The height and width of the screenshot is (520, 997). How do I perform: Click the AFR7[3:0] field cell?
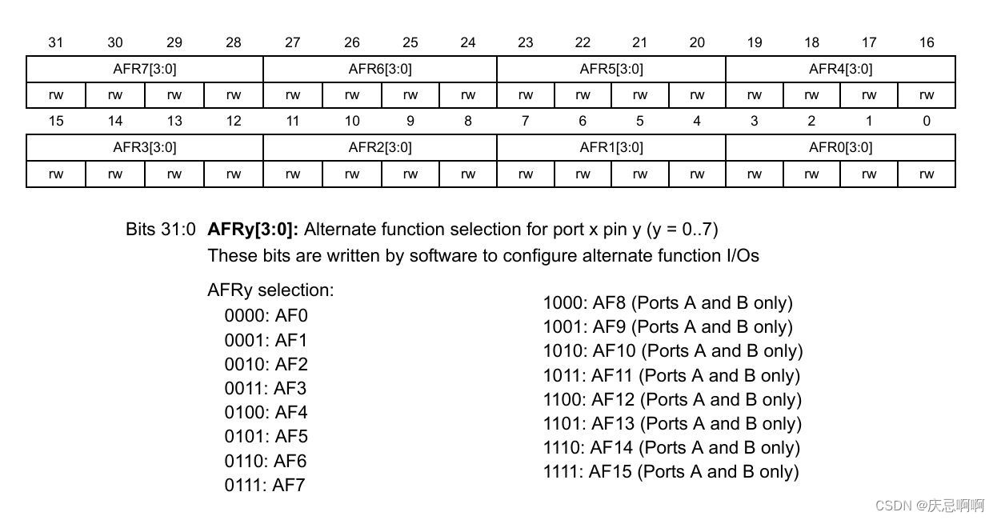tap(145, 69)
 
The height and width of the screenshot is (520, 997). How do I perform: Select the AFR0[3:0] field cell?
tap(840, 147)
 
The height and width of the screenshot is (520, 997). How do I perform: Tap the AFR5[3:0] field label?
tap(611, 69)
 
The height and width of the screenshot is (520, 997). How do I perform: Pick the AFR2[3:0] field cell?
tap(380, 147)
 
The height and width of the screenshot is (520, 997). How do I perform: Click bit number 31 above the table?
tap(55, 42)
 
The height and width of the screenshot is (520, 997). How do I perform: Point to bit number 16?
tap(926, 42)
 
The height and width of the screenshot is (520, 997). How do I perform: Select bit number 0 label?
tap(926, 121)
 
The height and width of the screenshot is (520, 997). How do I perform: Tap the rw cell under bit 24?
tap(468, 95)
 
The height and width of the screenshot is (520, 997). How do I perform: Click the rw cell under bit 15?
tap(55, 174)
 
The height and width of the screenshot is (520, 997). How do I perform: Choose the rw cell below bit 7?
tap(525, 174)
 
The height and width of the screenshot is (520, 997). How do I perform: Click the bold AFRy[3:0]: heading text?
tap(253, 230)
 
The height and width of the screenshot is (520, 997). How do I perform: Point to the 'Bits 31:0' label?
tap(160, 230)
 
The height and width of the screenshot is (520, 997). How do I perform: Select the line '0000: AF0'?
tap(266, 315)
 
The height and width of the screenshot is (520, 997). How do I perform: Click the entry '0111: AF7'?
tap(265, 485)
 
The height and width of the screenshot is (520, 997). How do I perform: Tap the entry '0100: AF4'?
tap(266, 412)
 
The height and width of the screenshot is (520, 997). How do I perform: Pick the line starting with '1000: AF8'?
tap(667, 302)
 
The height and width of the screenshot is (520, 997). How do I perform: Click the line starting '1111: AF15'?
tap(671, 471)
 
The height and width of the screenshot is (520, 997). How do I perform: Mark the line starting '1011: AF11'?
tap(671, 375)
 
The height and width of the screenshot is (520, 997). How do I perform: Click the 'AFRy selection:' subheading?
tap(270, 290)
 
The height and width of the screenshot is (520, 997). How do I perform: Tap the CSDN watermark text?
tap(929, 505)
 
